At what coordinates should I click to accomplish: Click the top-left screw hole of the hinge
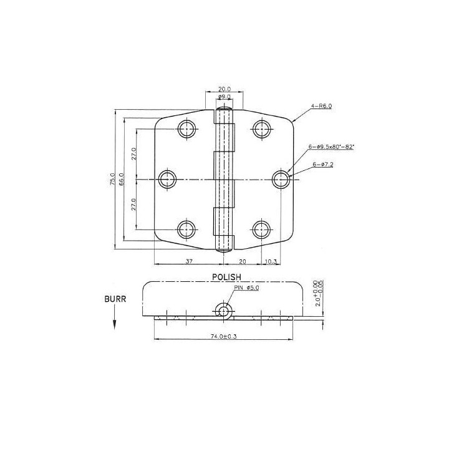186,129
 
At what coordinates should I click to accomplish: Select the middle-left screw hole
167,180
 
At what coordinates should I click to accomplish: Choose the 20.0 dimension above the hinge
224,89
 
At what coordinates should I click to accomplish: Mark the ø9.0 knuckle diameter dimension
224,98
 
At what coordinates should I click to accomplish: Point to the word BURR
116,299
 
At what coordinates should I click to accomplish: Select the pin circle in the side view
223,310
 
